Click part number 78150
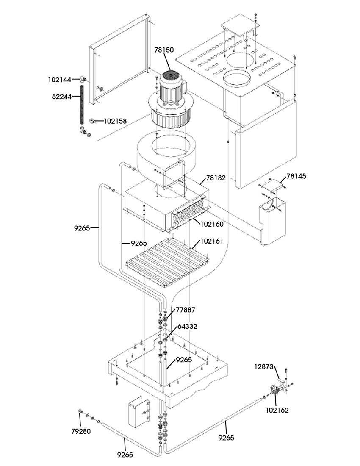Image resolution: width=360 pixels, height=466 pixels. (x=164, y=50)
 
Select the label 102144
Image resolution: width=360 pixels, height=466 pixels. (x=60, y=80)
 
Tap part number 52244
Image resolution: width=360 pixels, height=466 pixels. (x=62, y=97)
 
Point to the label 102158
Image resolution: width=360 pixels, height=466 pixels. (x=115, y=121)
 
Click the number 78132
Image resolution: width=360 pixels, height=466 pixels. (x=216, y=178)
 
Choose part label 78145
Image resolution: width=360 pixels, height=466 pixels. (x=296, y=176)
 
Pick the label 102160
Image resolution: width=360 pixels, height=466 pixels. (x=212, y=224)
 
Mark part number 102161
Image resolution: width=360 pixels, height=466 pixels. (x=212, y=241)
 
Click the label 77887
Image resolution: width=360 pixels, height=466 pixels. (x=186, y=310)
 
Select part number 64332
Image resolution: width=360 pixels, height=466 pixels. (x=188, y=326)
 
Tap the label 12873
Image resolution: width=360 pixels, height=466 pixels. (x=264, y=366)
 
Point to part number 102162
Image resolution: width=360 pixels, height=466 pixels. (x=277, y=410)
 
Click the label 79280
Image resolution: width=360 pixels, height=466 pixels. (x=81, y=431)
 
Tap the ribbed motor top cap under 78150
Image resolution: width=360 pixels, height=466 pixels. (x=170, y=76)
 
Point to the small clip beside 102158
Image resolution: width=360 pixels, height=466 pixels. (x=92, y=121)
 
